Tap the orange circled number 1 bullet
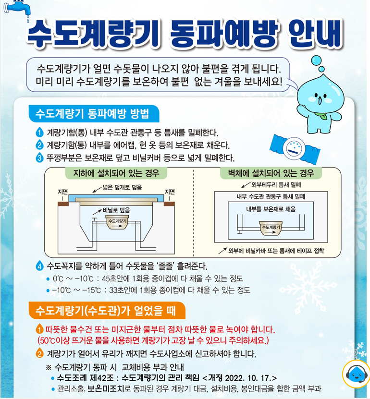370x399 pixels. [x=39, y=330]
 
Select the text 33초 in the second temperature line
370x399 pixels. [x=116, y=290]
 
